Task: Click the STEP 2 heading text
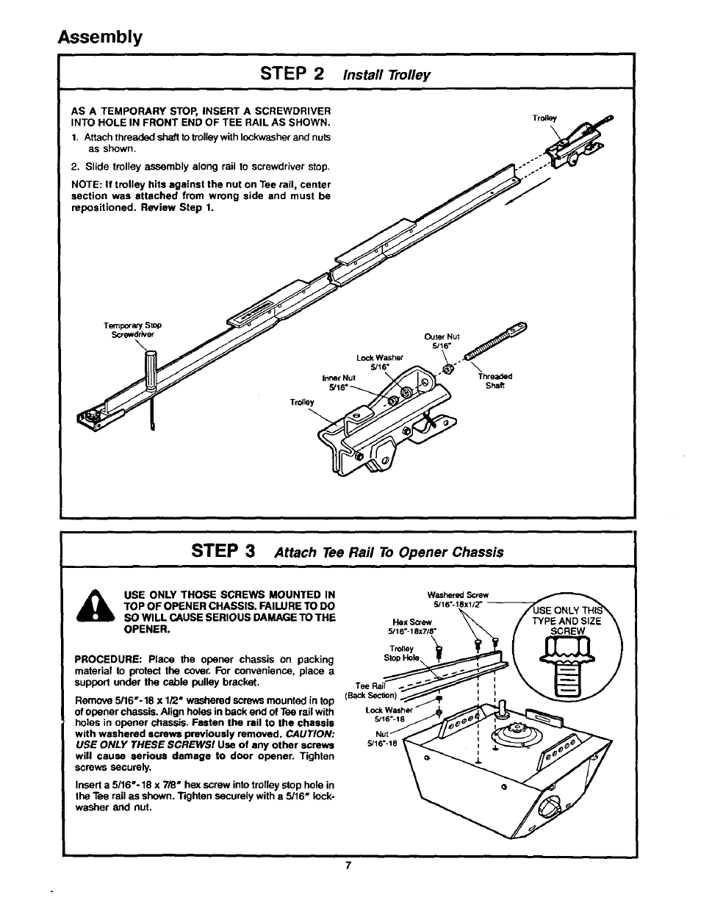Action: coord(291,73)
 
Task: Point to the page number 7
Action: coord(350,865)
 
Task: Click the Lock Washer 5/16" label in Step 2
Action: coord(380,363)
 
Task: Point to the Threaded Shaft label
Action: coord(495,381)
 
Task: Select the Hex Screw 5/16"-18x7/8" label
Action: coord(411,625)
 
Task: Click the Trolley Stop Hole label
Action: coord(403,653)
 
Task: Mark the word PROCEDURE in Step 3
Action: coord(99,660)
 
